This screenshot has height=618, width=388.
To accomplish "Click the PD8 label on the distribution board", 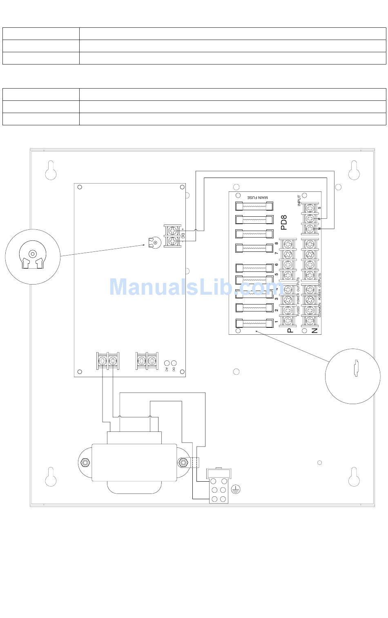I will (285, 222).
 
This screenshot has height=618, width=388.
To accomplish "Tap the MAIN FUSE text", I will (256, 197).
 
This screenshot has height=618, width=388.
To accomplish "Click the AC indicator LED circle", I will (167, 363).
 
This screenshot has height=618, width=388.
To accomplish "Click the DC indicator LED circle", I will (174, 363).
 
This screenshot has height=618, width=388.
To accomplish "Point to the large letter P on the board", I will (290, 330).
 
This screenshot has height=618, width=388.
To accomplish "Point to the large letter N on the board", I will (314, 330).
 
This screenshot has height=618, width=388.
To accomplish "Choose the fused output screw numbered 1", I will (288, 320).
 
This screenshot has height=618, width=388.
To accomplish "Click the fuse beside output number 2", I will (254, 308).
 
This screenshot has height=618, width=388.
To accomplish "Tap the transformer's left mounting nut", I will (85, 462).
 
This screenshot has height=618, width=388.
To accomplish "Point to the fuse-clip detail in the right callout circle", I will (356, 369).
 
